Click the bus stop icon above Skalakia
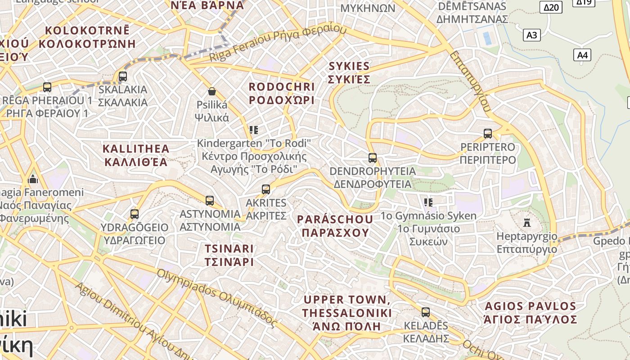point(123,76)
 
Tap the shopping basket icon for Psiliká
point(212,92)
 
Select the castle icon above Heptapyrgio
point(527,222)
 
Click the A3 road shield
point(531,35)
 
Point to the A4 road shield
point(582,55)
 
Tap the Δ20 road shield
point(551,7)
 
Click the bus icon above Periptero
point(488,134)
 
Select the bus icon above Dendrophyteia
point(373,158)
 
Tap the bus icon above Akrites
point(266,189)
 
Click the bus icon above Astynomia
point(210,201)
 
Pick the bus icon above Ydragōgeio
point(135,214)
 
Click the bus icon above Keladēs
point(426,312)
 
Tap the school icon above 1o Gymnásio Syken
point(428,202)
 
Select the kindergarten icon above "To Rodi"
point(254,130)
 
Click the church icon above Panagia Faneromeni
point(33,179)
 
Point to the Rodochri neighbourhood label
point(282,93)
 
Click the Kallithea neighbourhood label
point(136,155)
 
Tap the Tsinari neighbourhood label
point(229,255)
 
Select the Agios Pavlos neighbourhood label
point(530,313)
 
